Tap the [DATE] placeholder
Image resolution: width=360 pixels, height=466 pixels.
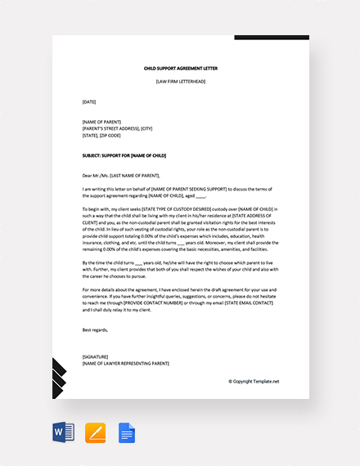coord(89,101)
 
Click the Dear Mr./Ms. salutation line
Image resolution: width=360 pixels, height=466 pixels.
coord(122,174)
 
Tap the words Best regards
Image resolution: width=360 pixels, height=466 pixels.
coord(96,329)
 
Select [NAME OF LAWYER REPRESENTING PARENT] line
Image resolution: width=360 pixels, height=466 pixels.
coord(126,363)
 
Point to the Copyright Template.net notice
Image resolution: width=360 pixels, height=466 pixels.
coord(254,381)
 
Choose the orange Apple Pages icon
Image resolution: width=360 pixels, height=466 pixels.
coord(96,432)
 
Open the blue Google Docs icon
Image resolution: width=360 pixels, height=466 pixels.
coord(127,432)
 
